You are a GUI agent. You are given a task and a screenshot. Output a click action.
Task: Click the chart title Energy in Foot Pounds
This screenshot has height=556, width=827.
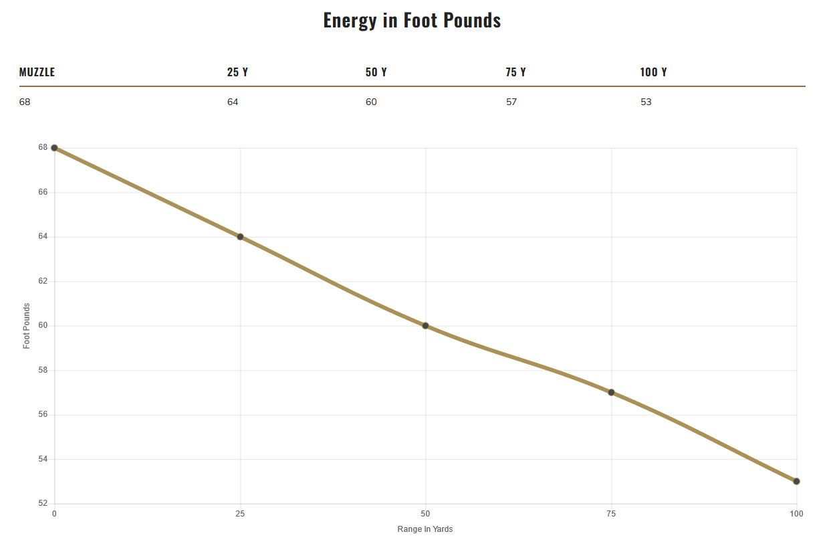(412, 20)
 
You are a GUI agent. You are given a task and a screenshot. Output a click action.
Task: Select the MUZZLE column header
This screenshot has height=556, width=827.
(37, 72)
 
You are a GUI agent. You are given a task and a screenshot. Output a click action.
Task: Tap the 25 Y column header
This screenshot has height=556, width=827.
(237, 72)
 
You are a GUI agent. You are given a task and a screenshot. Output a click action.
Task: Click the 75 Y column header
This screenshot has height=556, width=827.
(515, 72)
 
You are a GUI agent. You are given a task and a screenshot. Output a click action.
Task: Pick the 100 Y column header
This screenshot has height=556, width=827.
(653, 72)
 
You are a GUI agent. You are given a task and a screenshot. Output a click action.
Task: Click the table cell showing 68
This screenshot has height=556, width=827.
(25, 102)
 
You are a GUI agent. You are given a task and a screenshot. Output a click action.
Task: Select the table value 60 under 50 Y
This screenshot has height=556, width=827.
(371, 102)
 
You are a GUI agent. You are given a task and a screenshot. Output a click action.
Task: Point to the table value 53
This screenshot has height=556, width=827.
(646, 102)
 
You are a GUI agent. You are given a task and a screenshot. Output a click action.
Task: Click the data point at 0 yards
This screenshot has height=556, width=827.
(54, 148)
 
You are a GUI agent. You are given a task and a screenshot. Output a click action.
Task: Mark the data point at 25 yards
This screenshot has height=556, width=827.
(240, 237)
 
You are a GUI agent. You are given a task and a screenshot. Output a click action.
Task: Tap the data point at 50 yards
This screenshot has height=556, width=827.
(425, 326)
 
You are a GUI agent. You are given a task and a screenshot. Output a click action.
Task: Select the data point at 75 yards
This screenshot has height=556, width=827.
(611, 392)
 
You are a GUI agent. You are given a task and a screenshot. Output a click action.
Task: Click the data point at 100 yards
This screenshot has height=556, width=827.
(796, 481)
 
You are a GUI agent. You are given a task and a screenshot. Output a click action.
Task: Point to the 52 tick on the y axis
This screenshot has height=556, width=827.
(43, 503)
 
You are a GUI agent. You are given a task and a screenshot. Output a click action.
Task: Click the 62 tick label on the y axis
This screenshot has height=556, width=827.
(43, 281)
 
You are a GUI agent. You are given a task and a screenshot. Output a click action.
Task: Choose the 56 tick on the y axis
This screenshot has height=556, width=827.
(43, 414)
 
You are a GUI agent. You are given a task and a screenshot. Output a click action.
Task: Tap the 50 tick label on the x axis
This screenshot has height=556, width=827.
(425, 514)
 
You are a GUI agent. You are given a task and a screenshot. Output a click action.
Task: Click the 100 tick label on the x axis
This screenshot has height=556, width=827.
(796, 514)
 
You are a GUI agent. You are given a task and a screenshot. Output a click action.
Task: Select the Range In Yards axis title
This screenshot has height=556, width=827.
(425, 529)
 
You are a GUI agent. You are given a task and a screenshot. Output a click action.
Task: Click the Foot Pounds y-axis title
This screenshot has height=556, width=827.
(27, 326)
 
